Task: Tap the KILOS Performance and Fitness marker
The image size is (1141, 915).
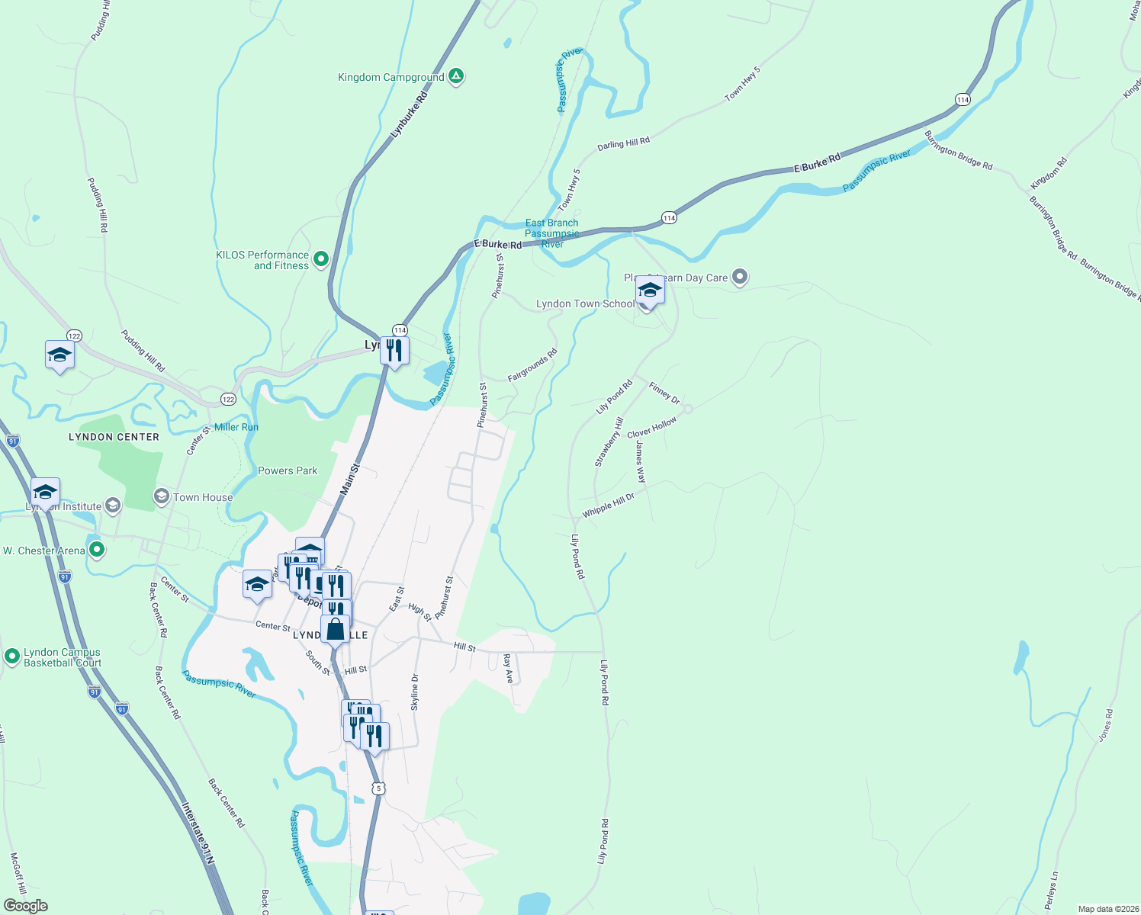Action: (321, 259)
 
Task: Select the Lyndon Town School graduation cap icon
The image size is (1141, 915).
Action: (649, 291)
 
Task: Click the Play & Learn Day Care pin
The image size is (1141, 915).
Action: (739, 277)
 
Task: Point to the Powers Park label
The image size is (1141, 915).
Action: (288, 470)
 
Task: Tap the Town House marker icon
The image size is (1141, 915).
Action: (162, 497)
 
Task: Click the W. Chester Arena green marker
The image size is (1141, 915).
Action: (96, 549)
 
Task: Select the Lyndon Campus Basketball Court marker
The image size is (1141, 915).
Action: (12, 656)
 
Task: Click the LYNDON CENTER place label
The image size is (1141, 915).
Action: (114, 437)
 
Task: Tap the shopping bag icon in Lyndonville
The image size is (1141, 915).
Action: (335, 629)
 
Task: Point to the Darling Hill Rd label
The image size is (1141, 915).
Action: (623, 143)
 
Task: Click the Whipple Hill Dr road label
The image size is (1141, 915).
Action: (608, 506)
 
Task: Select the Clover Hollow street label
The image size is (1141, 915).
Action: (651, 428)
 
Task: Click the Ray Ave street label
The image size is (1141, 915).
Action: (508, 667)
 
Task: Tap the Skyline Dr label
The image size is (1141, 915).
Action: (415, 692)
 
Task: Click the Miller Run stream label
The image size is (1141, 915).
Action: (236, 427)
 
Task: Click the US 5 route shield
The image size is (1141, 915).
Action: (378, 788)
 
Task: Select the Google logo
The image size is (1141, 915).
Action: (26, 905)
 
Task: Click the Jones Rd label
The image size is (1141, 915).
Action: (1106, 726)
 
